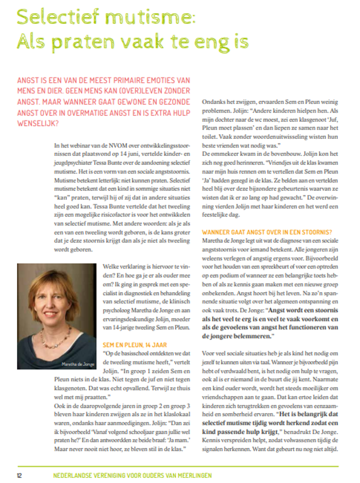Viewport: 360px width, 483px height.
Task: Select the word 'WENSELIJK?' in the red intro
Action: click(x=37, y=123)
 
